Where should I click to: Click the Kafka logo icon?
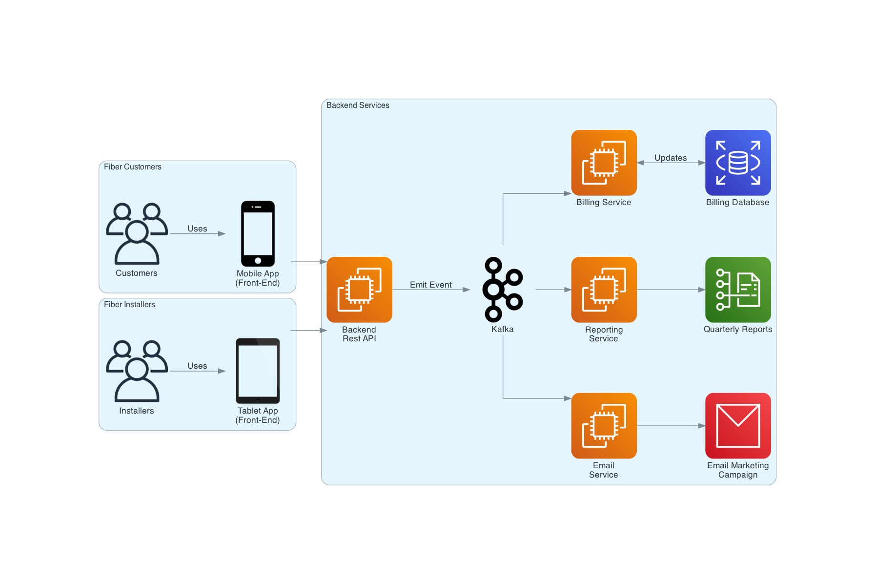tap(502, 290)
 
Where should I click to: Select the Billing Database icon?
tap(737, 163)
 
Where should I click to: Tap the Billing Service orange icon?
tap(604, 163)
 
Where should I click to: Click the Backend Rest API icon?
tap(359, 290)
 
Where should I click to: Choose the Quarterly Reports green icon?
tap(737, 290)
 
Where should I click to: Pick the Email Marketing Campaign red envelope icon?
tap(737, 425)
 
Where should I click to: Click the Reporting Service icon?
tap(604, 290)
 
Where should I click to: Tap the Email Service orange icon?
tap(604, 425)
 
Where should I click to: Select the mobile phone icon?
tap(258, 233)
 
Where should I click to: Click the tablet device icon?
tap(258, 371)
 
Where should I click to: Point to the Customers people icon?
tap(137, 233)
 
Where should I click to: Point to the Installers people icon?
tap(137, 371)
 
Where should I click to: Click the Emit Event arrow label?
tap(430, 285)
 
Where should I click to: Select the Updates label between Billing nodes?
tap(670, 158)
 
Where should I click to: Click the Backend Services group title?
tap(358, 105)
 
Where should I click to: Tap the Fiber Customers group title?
tap(132, 167)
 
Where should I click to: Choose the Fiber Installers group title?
tap(129, 305)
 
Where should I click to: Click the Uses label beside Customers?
tap(197, 229)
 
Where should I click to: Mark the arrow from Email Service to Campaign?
tap(671, 426)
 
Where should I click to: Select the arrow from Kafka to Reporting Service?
tap(553, 290)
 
